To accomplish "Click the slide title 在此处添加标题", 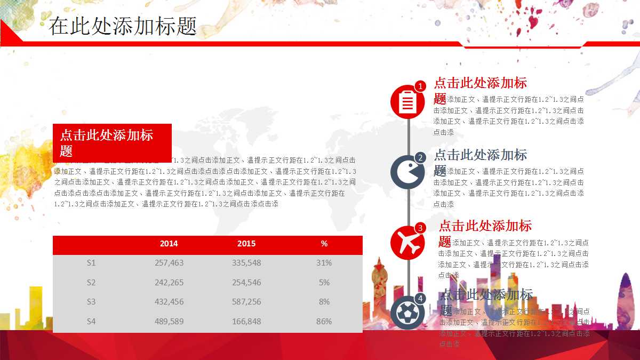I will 123,26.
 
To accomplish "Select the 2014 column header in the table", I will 169,244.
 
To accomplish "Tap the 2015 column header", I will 246,244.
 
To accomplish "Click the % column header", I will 324,244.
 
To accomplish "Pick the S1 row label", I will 91,263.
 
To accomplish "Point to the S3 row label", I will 91,302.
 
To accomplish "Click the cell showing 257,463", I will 169,263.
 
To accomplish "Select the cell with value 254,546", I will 246,283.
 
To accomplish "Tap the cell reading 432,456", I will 169,302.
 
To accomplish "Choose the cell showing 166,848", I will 246,322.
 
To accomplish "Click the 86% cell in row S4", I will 324,322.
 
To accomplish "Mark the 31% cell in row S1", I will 324,263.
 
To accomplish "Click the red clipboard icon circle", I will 407,101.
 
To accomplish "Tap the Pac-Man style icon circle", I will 407,172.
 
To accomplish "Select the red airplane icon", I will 407,243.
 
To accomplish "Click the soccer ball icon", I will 407,312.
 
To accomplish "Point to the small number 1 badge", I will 420,86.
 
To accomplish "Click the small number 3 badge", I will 420,228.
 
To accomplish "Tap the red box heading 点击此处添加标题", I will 112,142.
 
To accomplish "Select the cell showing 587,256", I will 246,302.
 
